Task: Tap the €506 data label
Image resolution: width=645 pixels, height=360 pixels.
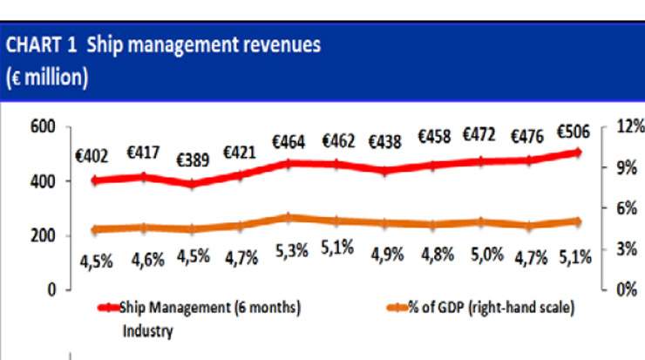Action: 573,132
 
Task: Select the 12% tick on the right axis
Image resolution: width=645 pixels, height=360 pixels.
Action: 628,127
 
